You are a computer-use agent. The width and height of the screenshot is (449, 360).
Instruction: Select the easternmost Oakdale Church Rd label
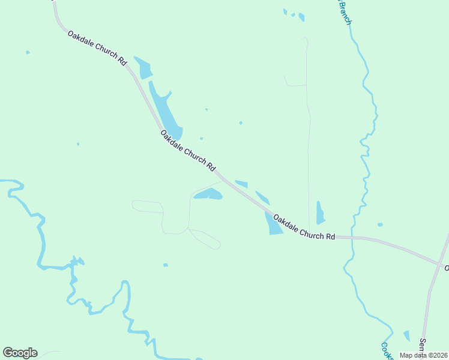coord(304,227)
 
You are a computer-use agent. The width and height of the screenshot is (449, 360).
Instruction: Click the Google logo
coord(20,353)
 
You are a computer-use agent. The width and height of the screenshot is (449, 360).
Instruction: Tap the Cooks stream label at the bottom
coord(387,351)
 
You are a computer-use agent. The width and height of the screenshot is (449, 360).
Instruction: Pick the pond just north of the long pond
coord(143,68)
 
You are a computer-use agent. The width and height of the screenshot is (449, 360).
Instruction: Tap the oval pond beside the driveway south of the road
coord(209,194)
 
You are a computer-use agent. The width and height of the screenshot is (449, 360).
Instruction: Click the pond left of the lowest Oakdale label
coord(273,224)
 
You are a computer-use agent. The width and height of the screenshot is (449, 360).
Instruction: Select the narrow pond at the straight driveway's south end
coord(320,214)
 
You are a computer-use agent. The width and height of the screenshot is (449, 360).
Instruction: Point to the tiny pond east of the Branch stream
coord(380,224)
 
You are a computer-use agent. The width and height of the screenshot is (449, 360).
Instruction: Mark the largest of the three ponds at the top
coord(301,17)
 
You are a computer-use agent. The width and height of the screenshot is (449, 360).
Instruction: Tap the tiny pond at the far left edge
coord(28,53)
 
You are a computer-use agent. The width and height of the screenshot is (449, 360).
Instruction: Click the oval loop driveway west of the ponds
coord(147,206)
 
